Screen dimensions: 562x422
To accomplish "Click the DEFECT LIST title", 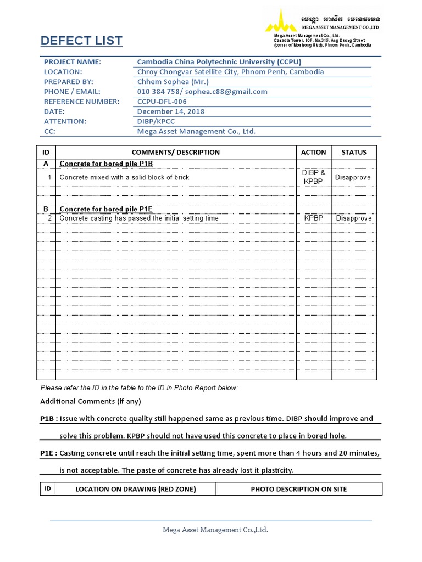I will [x=81, y=41].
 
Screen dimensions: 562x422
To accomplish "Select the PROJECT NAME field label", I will [x=73, y=62].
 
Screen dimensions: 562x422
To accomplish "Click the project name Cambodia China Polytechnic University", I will [x=219, y=62].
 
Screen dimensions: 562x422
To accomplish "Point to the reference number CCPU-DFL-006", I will [x=162, y=102].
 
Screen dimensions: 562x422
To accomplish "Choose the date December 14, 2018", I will [x=170, y=111].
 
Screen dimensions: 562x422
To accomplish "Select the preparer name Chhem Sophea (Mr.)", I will [x=173, y=82].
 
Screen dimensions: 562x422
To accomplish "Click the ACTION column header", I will [x=313, y=152].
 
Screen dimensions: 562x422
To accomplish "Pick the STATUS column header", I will [x=353, y=152].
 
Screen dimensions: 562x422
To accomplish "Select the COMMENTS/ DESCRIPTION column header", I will [x=175, y=152].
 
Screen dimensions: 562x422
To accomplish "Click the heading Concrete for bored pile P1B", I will [x=106, y=164].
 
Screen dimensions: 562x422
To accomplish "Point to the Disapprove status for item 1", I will [x=353, y=177].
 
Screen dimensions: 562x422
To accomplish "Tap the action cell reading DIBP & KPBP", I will [x=314, y=177].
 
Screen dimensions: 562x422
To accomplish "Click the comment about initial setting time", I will [x=138, y=218].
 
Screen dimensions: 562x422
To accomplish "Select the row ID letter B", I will [x=46, y=209].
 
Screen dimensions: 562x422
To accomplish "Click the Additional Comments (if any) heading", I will [x=91, y=401].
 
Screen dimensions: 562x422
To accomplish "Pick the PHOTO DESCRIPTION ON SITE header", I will [x=298, y=489].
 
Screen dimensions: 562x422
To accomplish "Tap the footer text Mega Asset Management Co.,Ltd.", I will [x=215, y=530].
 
